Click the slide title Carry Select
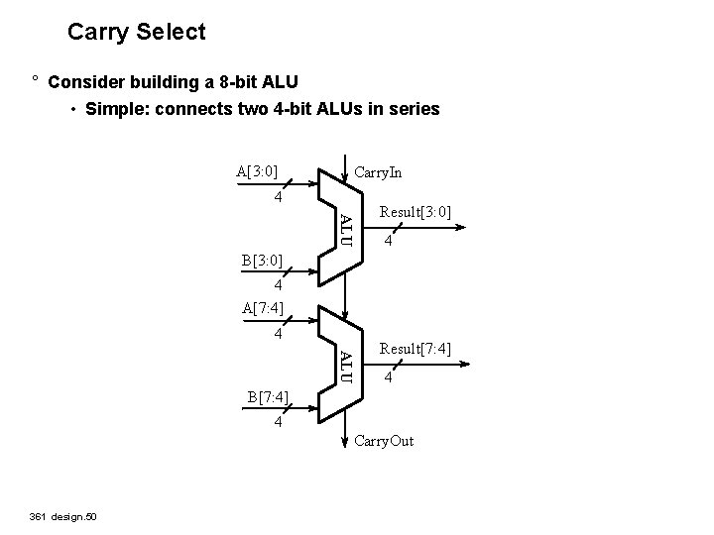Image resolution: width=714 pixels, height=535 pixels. pos(137,32)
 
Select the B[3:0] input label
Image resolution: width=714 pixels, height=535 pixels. pos(262,262)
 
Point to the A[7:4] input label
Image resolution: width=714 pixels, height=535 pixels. pos(263,307)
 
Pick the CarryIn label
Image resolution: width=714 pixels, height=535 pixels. pos(378,172)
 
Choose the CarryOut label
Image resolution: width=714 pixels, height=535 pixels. pos(384,440)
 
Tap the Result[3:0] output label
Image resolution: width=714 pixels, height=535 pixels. pos(416,213)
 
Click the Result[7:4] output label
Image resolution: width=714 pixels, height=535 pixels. pos(416,349)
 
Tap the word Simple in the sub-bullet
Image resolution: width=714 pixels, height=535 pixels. pos(115,109)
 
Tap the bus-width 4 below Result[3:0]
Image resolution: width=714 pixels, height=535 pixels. pos(391,243)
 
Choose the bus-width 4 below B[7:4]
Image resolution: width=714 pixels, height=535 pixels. pos(279,423)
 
